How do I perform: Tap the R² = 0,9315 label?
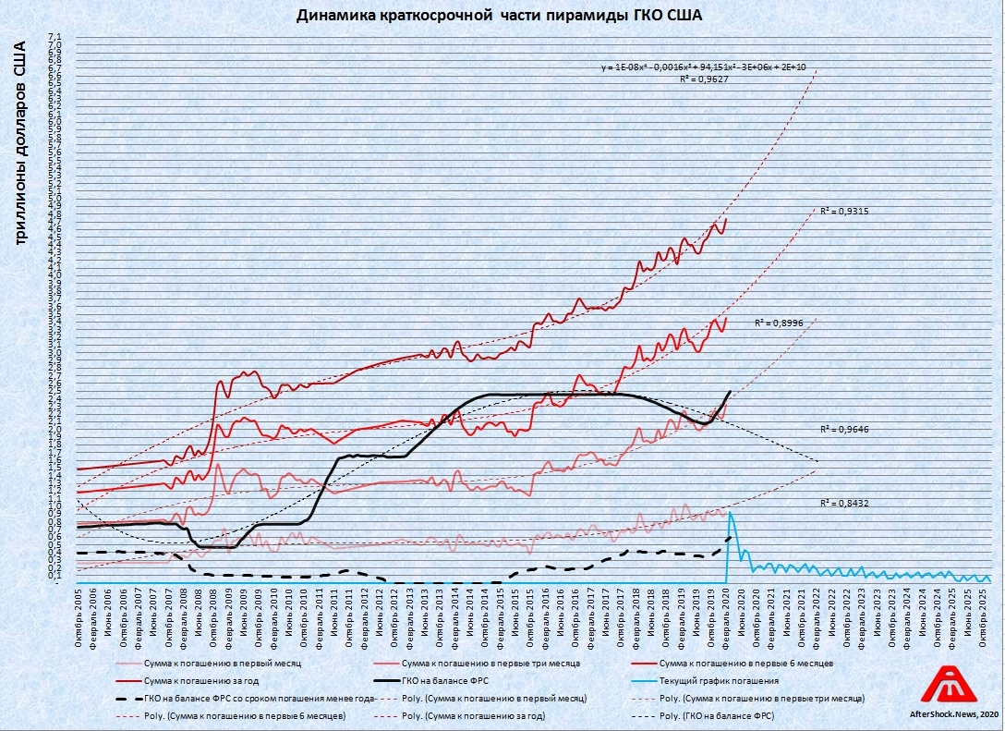(843, 212)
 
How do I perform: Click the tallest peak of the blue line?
(731, 512)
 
